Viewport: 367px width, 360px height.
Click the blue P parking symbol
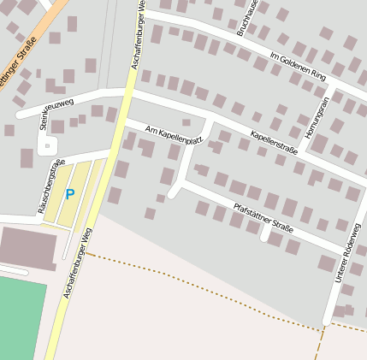click(69, 194)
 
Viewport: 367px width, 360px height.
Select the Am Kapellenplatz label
click(174, 134)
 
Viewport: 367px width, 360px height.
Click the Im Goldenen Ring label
click(298, 68)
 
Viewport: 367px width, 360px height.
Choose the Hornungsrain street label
click(312, 118)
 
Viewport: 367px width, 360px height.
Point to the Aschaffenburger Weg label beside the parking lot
click(78, 263)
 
